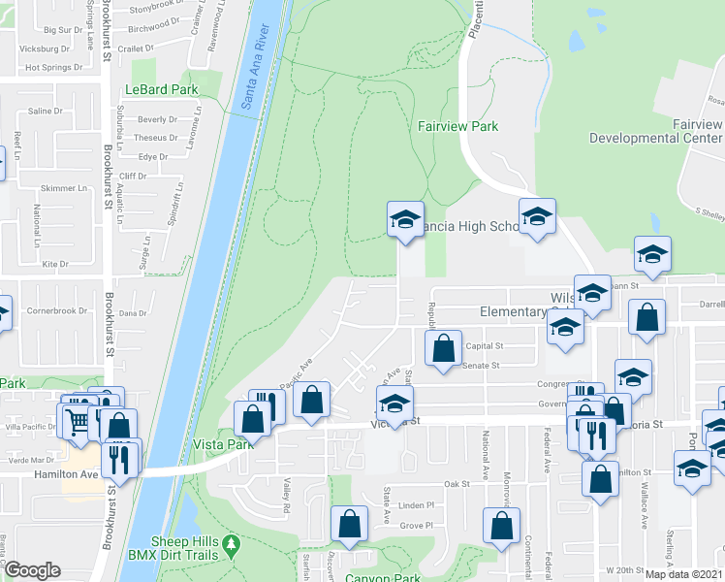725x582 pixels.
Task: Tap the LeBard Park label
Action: point(161,90)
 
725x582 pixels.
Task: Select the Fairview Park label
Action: point(457,126)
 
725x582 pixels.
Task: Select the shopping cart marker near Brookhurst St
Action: point(76,419)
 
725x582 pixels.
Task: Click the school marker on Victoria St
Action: point(394,403)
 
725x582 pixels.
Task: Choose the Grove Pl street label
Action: point(415,526)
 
